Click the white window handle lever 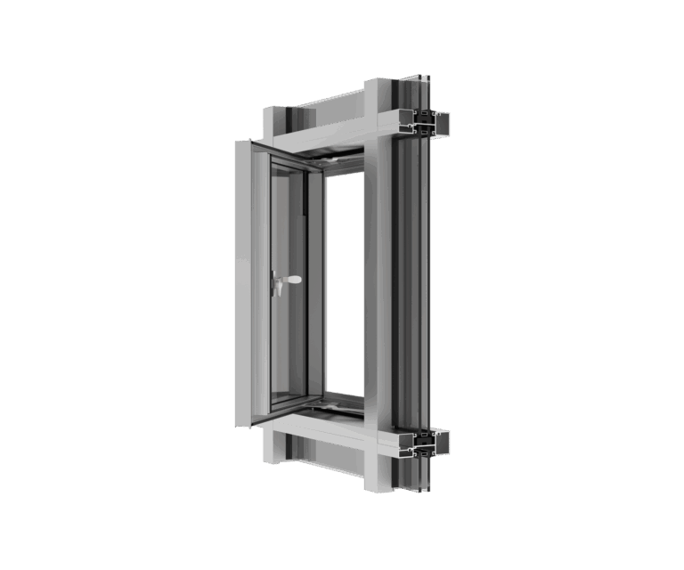point(291,280)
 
